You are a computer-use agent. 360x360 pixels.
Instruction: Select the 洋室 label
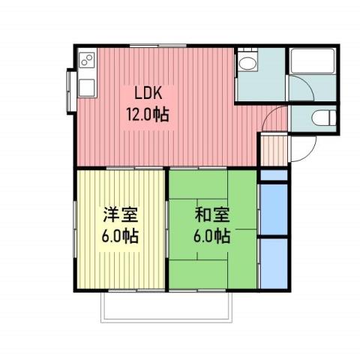(x=121, y=214)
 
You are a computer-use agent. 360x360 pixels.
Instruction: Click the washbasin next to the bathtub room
(x=248, y=64)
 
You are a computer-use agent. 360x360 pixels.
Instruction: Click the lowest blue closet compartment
(x=274, y=261)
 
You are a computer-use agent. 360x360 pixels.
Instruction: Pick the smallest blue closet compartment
(x=274, y=176)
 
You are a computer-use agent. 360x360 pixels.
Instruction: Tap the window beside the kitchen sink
(x=73, y=84)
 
